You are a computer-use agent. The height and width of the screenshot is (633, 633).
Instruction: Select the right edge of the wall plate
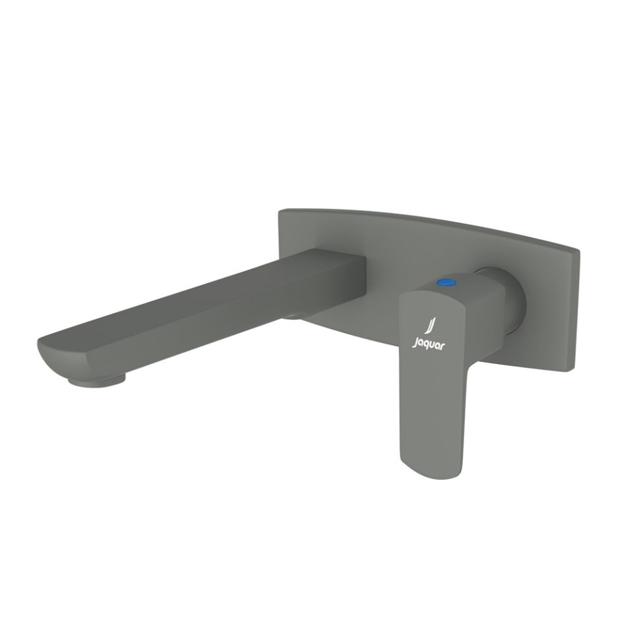point(577,303)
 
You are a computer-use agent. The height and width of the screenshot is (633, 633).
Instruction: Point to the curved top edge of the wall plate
point(429,218)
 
